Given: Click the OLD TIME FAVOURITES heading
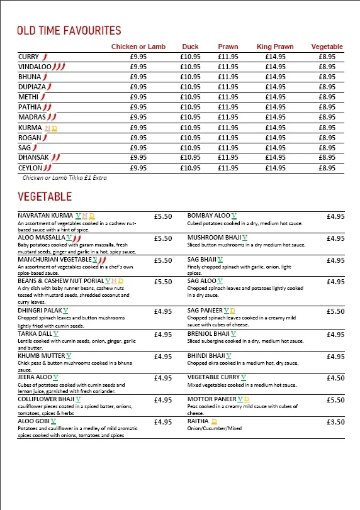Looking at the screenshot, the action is pyautogui.click(x=69, y=31).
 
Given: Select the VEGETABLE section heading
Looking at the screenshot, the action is pyautogui.click(x=45, y=197).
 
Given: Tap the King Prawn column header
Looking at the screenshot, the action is pyautogui.click(x=275, y=47).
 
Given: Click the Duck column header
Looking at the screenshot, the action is pyautogui.click(x=190, y=47).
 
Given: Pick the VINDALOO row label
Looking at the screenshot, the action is pyautogui.click(x=35, y=67).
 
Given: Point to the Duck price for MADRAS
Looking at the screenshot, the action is pyautogui.click(x=190, y=117).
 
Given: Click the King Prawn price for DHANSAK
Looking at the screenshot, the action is pyautogui.click(x=275, y=157).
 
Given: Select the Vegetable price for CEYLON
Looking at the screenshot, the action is pyautogui.click(x=327, y=168).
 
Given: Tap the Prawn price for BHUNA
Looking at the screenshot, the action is pyautogui.click(x=228, y=77).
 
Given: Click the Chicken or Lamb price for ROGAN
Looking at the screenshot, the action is pyautogui.click(x=138, y=138).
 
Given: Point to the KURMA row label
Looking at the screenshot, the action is pyautogui.click(x=30, y=128).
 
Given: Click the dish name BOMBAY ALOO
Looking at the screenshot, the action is pyautogui.click(x=209, y=216).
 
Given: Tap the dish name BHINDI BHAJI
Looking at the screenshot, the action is pyautogui.click(x=206, y=356).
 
